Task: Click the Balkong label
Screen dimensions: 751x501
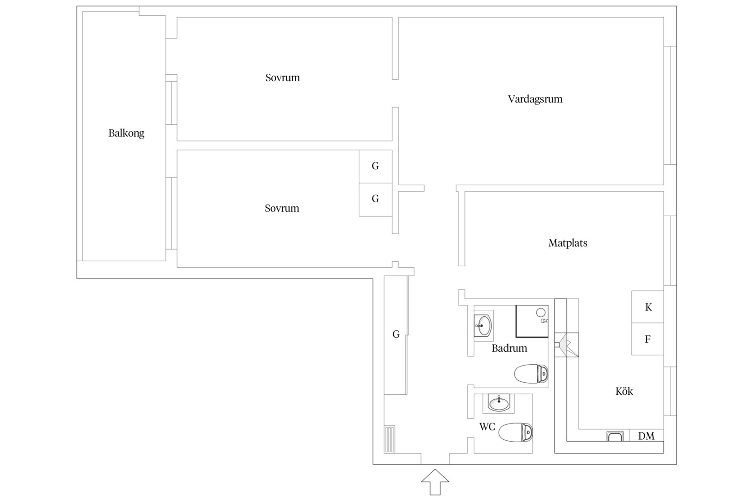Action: coord(127,133)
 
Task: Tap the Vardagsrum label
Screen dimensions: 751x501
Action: coord(535,99)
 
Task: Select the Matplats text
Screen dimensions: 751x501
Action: coord(567,243)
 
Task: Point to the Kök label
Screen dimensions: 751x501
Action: coord(624,391)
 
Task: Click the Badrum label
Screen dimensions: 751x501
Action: coord(509,348)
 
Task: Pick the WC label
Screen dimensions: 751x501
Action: coord(487,426)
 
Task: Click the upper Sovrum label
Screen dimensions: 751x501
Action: coord(283,77)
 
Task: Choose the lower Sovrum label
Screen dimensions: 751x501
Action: coord(282,208)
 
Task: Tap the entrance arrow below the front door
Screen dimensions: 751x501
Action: coord(435,482)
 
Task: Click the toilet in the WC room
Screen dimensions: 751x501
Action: coord(516,432)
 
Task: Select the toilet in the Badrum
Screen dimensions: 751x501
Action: coord(531,373)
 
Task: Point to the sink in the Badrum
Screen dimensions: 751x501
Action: coord(483,326)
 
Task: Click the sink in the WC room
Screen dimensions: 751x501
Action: coord(499,403)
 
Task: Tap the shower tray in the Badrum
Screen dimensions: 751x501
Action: coord(532,321)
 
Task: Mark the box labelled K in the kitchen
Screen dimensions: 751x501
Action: coord(648,307)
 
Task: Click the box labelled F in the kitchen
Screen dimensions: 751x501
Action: coord(648,339)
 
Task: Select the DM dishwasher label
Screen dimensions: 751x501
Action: coord(646,436)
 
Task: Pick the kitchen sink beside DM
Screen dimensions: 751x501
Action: coord(615,436)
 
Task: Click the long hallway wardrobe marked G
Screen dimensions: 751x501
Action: coord(396,335)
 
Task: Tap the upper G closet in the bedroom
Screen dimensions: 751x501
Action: coord(375,167)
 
